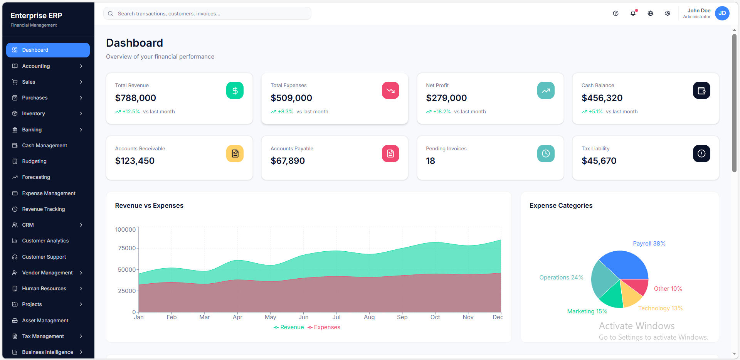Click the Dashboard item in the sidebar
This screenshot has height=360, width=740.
[x=48, y=50]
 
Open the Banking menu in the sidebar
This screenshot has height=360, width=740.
[x=48, y=130]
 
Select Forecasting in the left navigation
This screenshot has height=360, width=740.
[x=36, y=177]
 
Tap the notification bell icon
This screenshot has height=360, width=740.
[x=633, y=13]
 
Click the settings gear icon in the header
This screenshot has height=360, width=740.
[x=668, y=13]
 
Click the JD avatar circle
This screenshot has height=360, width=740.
[x=722, y=13]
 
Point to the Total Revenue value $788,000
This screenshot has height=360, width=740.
[x=136, y=98]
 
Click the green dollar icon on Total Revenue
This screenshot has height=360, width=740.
[x=235, y=91]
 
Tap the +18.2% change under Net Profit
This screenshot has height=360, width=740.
[x=442, y=112]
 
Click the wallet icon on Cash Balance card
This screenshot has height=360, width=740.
[x=701, y=91]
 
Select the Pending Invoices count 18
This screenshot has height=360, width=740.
[x=431, y=161]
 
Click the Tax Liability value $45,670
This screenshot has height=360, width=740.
[x=599, y=161]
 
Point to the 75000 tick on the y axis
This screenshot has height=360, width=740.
[x=127, y=248]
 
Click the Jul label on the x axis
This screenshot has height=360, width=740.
[x=336, y=317]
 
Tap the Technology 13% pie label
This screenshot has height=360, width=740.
[x=660, y=308]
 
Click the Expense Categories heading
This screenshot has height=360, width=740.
[x=561, y=206]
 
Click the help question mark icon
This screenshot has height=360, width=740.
[x=616, y=13]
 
